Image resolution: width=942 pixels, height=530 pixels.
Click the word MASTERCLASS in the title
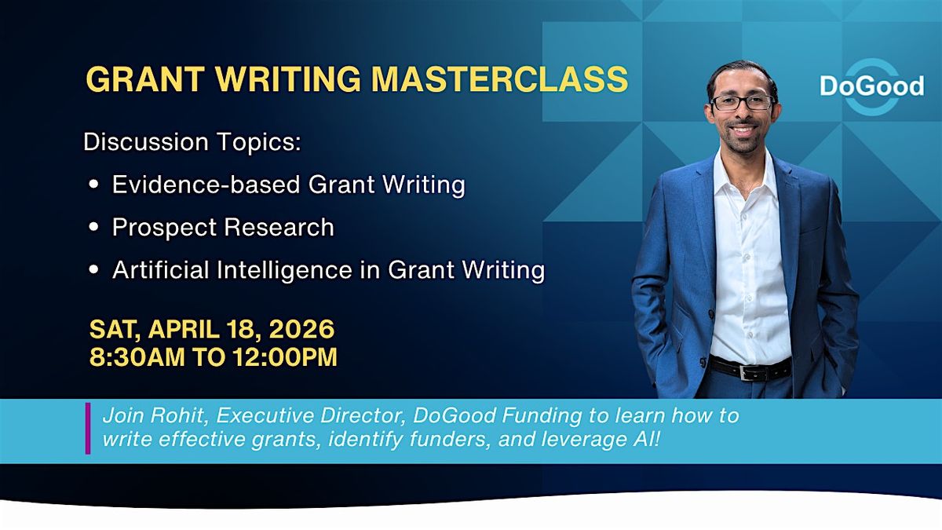pos(499,79)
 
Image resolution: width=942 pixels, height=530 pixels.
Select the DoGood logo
pos(872,86)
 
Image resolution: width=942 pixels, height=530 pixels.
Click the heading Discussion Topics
pos(192,142)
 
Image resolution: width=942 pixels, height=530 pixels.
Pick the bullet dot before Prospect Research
pos(93,227)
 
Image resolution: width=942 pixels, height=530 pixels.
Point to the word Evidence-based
pos(206,185)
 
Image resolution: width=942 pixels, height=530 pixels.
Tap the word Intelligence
pos(284,270)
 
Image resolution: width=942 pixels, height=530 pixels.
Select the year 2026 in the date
pos(301,329)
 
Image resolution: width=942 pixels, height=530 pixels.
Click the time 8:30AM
pos(137,357)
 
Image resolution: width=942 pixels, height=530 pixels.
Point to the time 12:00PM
pos(285,357)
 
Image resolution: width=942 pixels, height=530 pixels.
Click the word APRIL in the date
pos(184,329)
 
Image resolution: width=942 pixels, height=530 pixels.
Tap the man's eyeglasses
pos(743,103)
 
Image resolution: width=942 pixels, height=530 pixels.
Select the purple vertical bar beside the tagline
pos(88,428)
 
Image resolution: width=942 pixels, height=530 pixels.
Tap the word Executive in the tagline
pos(265,415)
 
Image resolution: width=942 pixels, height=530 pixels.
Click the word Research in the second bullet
pos(279,227)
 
